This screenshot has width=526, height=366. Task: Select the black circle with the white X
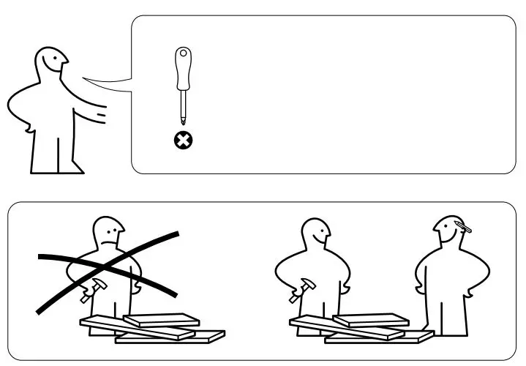(181, 139)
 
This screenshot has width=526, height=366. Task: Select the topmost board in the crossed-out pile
(161, 318)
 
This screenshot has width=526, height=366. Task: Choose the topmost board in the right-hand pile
(371, 319)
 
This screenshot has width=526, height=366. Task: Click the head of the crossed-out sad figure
(108, 234)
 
